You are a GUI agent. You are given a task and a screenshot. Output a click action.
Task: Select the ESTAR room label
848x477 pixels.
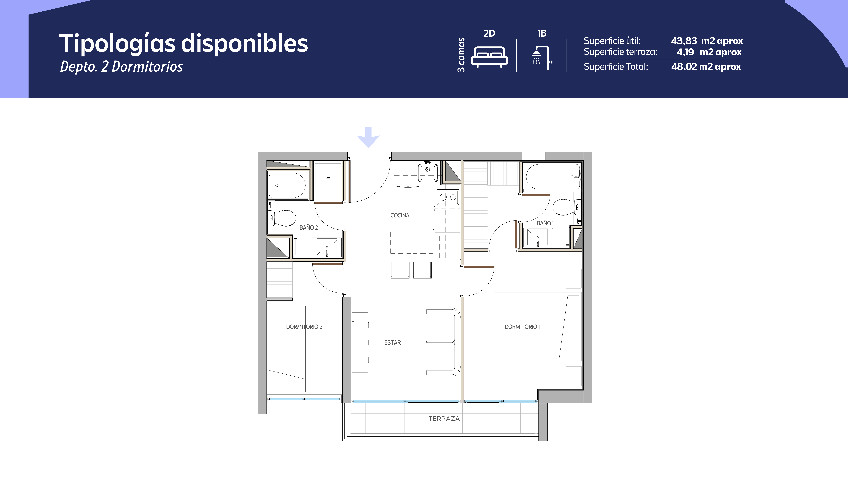point(392,342)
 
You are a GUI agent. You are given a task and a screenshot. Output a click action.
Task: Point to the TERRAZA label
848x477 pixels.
point(444,419)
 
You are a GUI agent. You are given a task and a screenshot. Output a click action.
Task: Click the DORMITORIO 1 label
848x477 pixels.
point(522,327)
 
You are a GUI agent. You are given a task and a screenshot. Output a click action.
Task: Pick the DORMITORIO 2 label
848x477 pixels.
point(304,327)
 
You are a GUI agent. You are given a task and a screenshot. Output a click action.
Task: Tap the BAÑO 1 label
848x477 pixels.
point(545,223)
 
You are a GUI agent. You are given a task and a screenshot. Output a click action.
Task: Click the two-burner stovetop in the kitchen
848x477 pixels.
point(448,197)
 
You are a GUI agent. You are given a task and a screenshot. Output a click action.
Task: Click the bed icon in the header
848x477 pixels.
point(489,57)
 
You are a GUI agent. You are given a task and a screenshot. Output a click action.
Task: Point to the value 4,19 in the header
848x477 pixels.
point(685,52)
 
